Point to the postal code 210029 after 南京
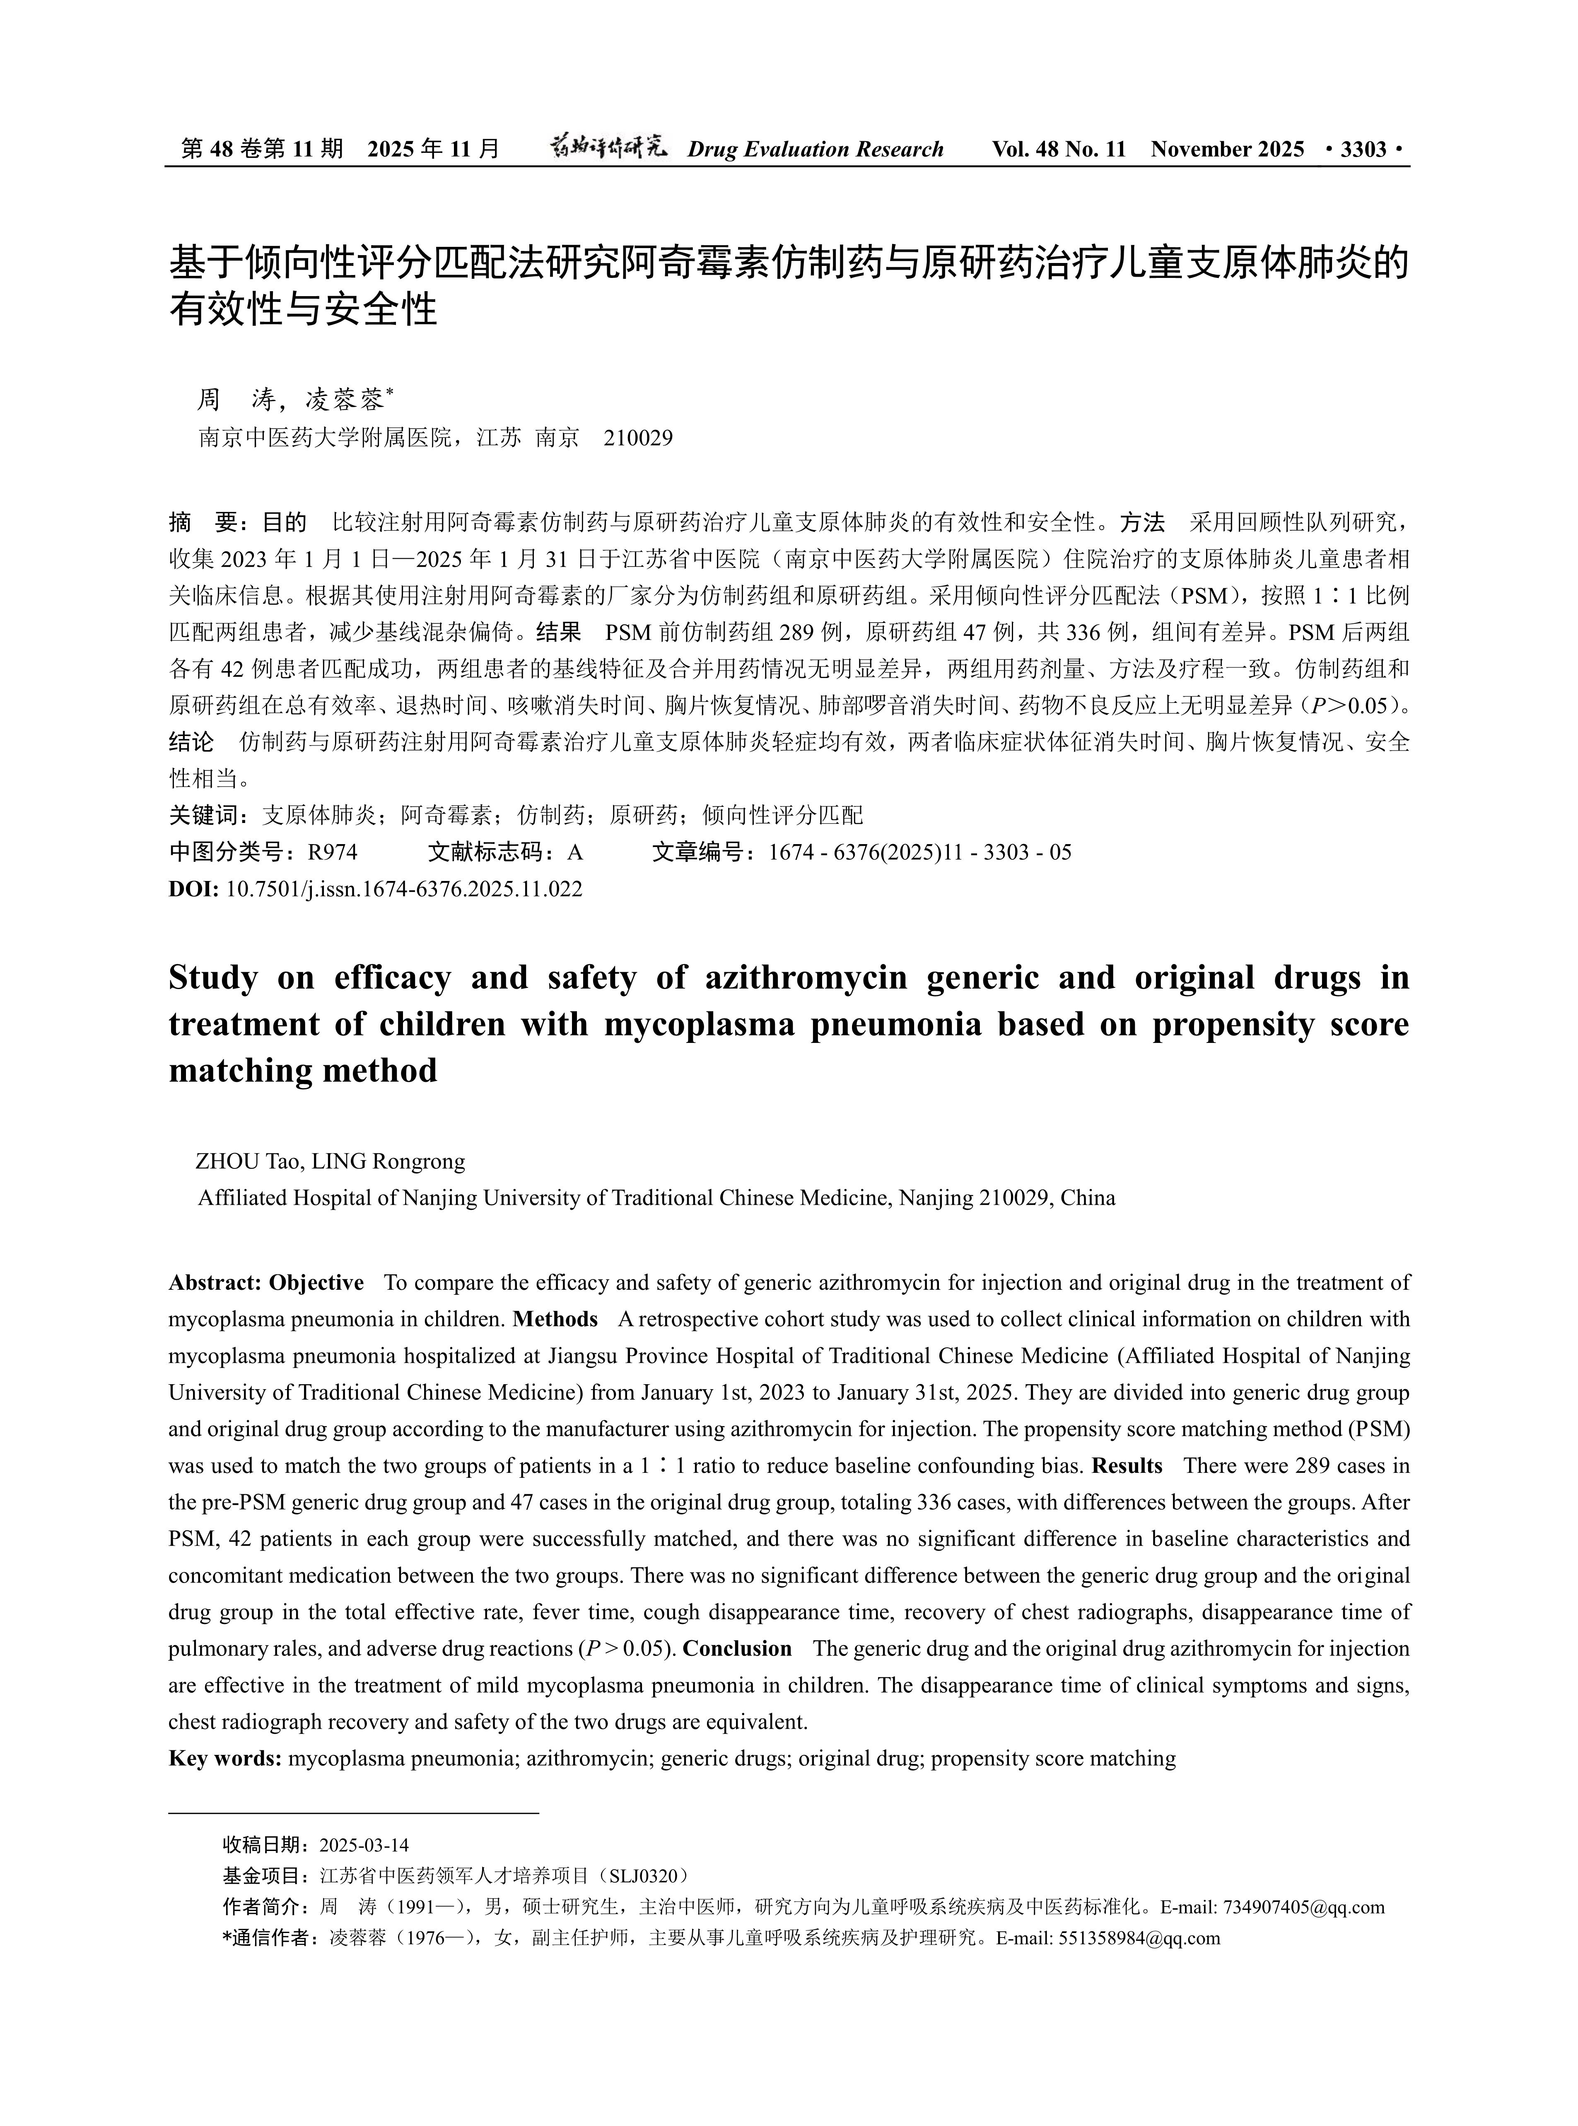tap(639, 438)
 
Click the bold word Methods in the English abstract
tap(555, 1319)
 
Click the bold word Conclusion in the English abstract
tap(737, 1648)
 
